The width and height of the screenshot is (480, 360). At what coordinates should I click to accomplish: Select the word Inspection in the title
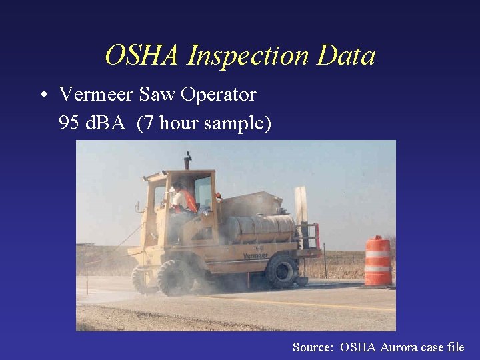tap(248, 56)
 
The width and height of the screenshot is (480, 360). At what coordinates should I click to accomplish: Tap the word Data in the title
tap(346, 56)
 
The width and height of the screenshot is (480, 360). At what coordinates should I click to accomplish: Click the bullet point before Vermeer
tap(43, 95)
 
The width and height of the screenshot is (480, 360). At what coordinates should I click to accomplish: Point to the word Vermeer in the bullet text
tap(96, 95)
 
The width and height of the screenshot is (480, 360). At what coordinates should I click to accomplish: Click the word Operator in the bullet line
tap(217, 95)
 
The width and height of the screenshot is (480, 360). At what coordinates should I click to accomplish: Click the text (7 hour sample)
tap(203, 123)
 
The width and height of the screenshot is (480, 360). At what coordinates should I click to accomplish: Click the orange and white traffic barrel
tap(377, 261)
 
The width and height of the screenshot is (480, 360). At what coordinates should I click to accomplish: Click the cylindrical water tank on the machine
tap(260, 229)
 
